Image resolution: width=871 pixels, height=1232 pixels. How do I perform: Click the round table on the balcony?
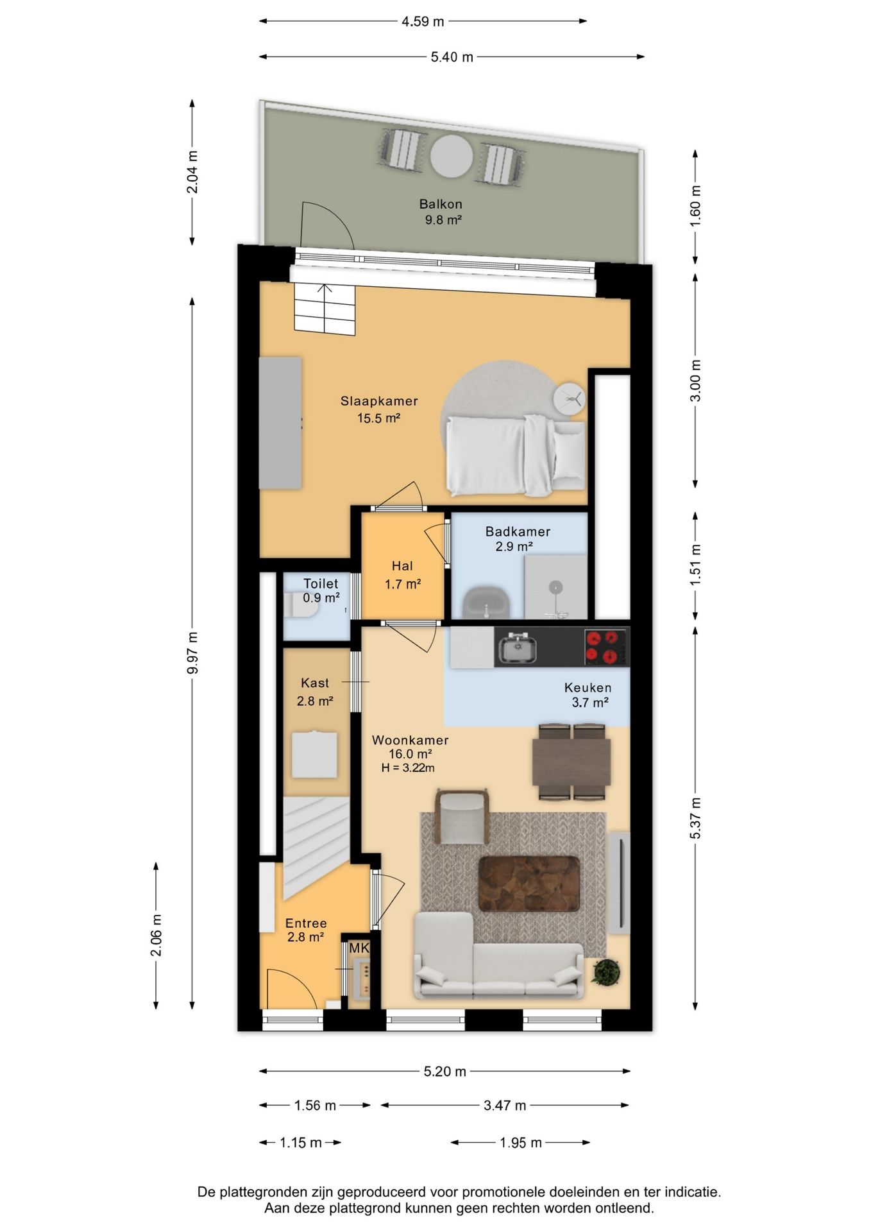[x=452, y=156]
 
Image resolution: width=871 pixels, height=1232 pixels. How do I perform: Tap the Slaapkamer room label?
[x=379, y=401]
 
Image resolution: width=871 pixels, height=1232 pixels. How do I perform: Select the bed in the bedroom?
[x=516, y=456]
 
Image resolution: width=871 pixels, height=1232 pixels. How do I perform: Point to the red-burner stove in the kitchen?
[x=605, y=647]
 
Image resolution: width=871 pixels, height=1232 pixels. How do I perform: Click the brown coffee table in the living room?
[x=529, y=884]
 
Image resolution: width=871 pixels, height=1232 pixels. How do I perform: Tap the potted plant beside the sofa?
[x=605, y=971]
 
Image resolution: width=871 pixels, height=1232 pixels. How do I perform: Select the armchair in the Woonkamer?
[x=462, y=816]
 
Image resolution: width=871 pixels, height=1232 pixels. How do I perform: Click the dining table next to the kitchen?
[x=571, y=762]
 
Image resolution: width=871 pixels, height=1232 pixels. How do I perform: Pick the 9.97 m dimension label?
[x=192, y=653]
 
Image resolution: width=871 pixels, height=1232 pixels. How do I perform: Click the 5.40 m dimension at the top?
[x=452, y=57]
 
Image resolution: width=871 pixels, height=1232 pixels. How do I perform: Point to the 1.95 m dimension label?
[x=521, y=1142]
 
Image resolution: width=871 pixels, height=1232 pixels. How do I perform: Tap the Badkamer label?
[x=518, y=531]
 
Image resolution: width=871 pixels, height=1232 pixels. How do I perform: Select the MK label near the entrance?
[x=359, y=948]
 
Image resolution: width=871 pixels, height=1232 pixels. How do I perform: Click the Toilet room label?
[x=321, y=583]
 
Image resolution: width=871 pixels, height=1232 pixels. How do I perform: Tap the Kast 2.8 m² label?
[x=315, y=692]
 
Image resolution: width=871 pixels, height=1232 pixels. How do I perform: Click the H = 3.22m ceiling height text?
[x=408, y=768]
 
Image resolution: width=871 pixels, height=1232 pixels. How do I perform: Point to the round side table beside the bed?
[x=570, y=400]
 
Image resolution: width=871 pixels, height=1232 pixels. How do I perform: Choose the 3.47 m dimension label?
[x=505, y=1105]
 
